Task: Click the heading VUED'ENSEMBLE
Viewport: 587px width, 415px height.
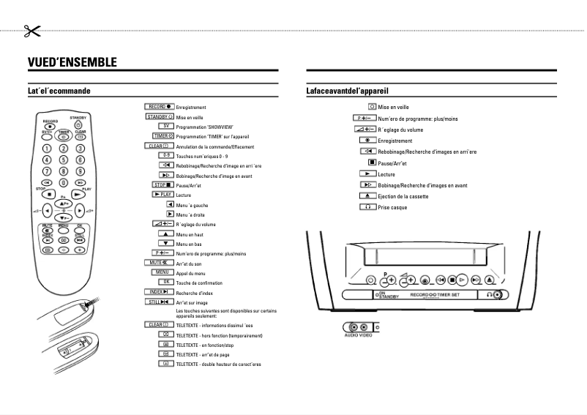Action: (72, 62)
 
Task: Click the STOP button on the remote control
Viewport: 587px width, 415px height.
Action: (49, 195)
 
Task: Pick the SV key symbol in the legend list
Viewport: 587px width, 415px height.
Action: (164, 126)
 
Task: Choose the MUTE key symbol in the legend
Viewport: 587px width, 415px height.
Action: (159, 261)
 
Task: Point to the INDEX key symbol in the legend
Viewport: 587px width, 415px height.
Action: (159, 291)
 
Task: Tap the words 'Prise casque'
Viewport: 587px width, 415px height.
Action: (392, 208)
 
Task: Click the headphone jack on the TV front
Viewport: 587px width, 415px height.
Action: (498, 295)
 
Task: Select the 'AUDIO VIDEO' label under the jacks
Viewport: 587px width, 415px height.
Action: (358, 335)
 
